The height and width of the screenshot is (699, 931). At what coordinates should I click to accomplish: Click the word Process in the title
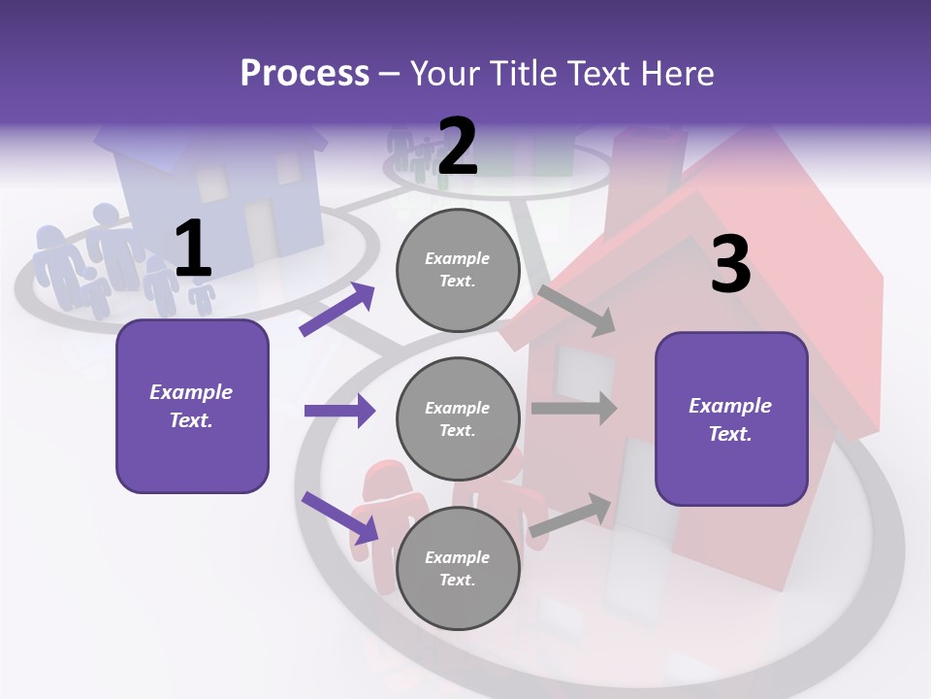[305, 74]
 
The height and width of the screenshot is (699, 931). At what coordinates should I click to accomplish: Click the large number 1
[193, 250]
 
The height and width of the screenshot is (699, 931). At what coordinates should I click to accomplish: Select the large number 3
[730, 265]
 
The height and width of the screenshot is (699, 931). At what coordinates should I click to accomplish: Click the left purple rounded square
[192, 406]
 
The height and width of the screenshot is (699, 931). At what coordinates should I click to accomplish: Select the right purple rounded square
[731, 419]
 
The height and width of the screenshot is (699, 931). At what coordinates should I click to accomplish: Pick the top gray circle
[458, 270]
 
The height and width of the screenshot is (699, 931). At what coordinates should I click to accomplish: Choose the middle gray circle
[458, 419]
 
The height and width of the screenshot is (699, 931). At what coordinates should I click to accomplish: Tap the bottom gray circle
[458, 568]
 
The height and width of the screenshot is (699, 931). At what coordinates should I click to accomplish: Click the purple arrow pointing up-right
[337, 310]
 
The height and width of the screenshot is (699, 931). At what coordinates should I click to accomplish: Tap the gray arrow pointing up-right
[571, 516]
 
